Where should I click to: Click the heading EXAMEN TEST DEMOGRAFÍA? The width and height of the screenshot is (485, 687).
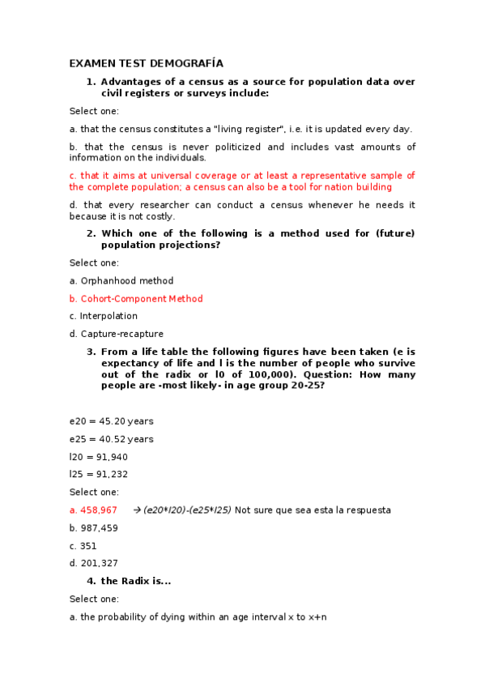(146, 63)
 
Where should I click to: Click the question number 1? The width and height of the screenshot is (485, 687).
(91, 82)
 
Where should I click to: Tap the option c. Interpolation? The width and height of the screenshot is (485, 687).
(104, 317)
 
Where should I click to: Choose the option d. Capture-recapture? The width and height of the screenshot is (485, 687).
(117, 334)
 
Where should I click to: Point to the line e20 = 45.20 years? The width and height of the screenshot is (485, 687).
(111, 421)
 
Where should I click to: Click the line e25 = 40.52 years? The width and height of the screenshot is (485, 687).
(111, 439)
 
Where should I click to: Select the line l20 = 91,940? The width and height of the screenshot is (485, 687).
(98, 457)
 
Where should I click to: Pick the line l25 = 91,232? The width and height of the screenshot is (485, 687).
(98, 475)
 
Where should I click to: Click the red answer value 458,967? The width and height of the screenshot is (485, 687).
(99, 510)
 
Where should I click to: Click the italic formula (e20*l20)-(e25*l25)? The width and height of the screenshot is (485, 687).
(187, 510)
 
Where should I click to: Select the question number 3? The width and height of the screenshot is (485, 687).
(91, 352)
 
